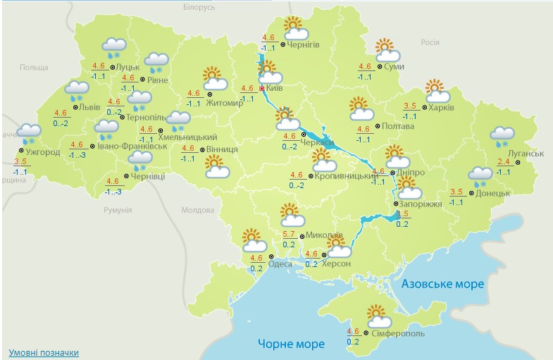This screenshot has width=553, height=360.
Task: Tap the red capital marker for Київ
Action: (x=263, y=89)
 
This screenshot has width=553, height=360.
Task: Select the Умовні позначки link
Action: (x=44, y=352)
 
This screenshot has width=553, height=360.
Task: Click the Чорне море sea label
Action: (x=290, y=344)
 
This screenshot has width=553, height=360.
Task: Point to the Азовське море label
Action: (x=442, y=284)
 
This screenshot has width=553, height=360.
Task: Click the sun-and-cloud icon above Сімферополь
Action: (x=378, y=315)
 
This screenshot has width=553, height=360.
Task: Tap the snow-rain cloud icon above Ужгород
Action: (x=29, y=133)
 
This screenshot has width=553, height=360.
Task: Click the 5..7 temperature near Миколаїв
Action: (x=289, y=235)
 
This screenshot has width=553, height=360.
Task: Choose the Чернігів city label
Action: (x=304, y=44)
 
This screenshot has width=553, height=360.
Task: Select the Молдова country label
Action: (x=197, y=210)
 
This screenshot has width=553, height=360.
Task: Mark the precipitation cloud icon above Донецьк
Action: (x=480, y=175)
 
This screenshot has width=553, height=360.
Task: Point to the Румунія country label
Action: (x=118, y=210)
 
